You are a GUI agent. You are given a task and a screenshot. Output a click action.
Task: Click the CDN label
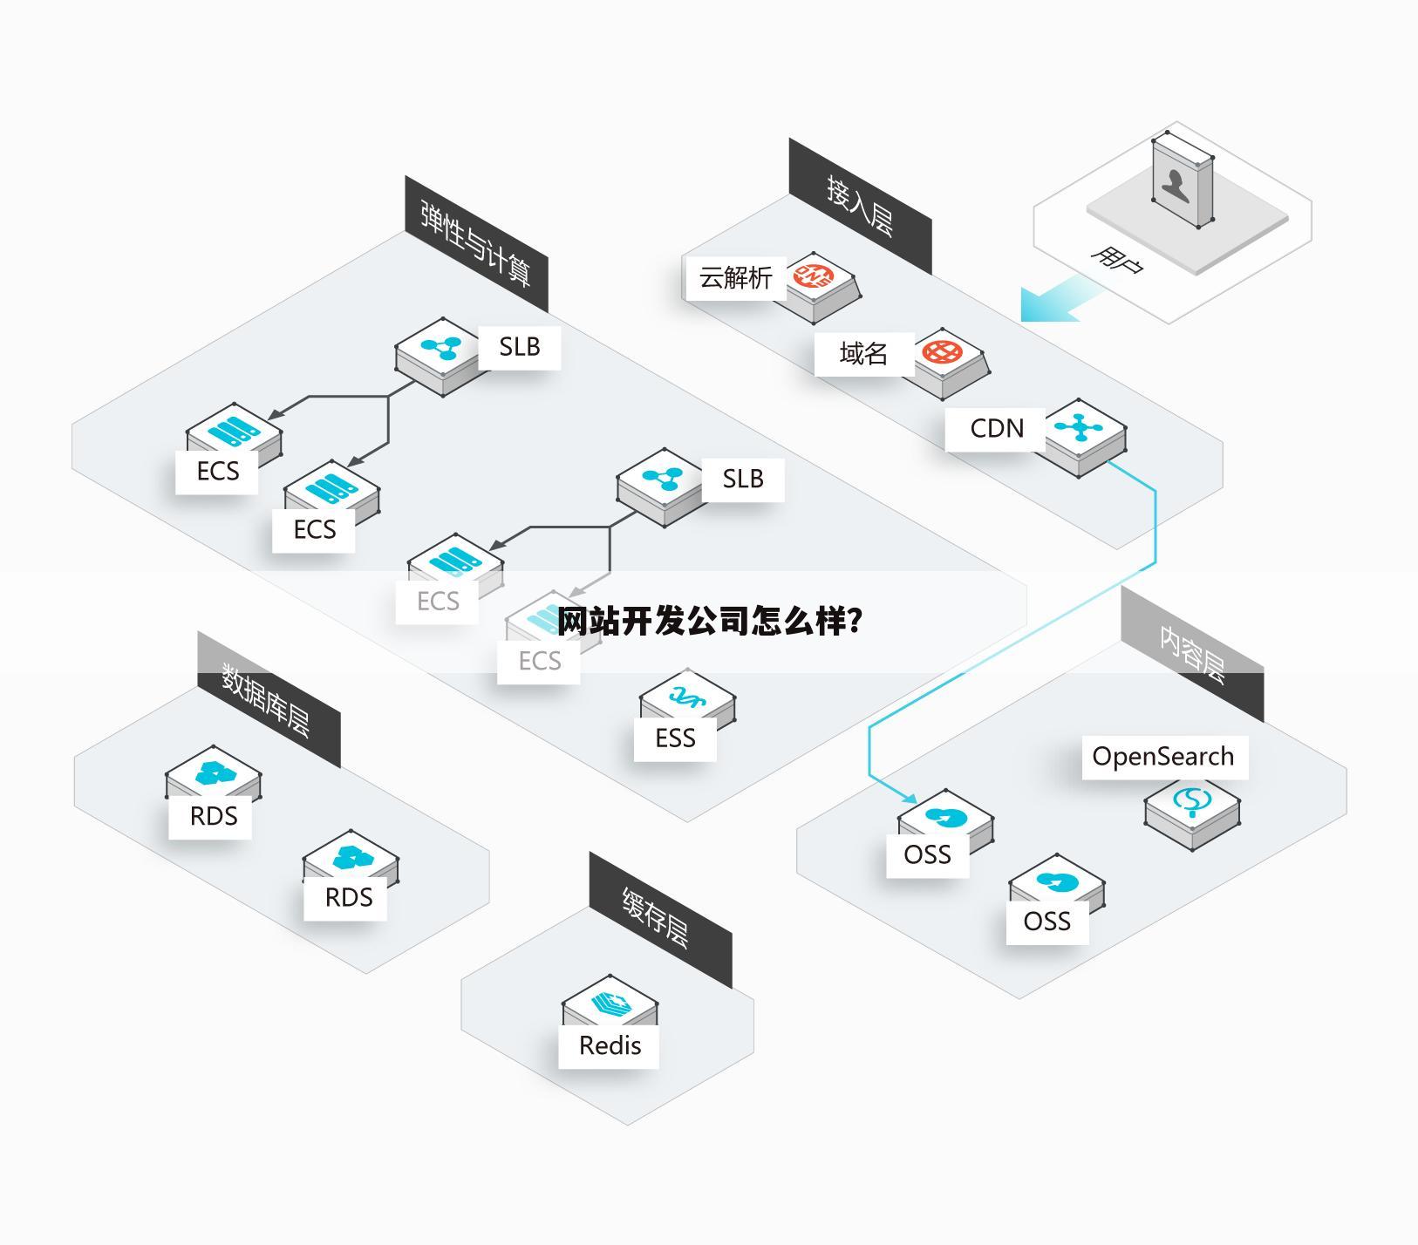click(996, 428)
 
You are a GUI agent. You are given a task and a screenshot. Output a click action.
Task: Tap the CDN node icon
click(1080, 428)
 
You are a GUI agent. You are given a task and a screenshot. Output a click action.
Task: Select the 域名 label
click(863, 353)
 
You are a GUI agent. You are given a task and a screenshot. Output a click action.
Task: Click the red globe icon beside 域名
click(942, 351)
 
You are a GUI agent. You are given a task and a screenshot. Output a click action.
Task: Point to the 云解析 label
click(735, 277)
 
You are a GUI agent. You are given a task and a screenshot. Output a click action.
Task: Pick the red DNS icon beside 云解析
click(814, 276)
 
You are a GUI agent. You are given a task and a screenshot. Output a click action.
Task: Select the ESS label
click(675, 738)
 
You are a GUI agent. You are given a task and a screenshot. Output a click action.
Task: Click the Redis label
click(610, 1045)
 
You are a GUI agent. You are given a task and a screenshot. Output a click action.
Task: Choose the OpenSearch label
click(1163, 757)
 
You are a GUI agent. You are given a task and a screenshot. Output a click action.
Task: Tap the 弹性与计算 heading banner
click(475, 243)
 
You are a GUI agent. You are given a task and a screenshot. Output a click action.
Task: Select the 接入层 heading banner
click(860, 205)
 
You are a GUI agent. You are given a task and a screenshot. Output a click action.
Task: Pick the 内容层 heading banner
click(1192, 654)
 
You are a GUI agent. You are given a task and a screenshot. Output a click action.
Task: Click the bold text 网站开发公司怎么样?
click(710, 622)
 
